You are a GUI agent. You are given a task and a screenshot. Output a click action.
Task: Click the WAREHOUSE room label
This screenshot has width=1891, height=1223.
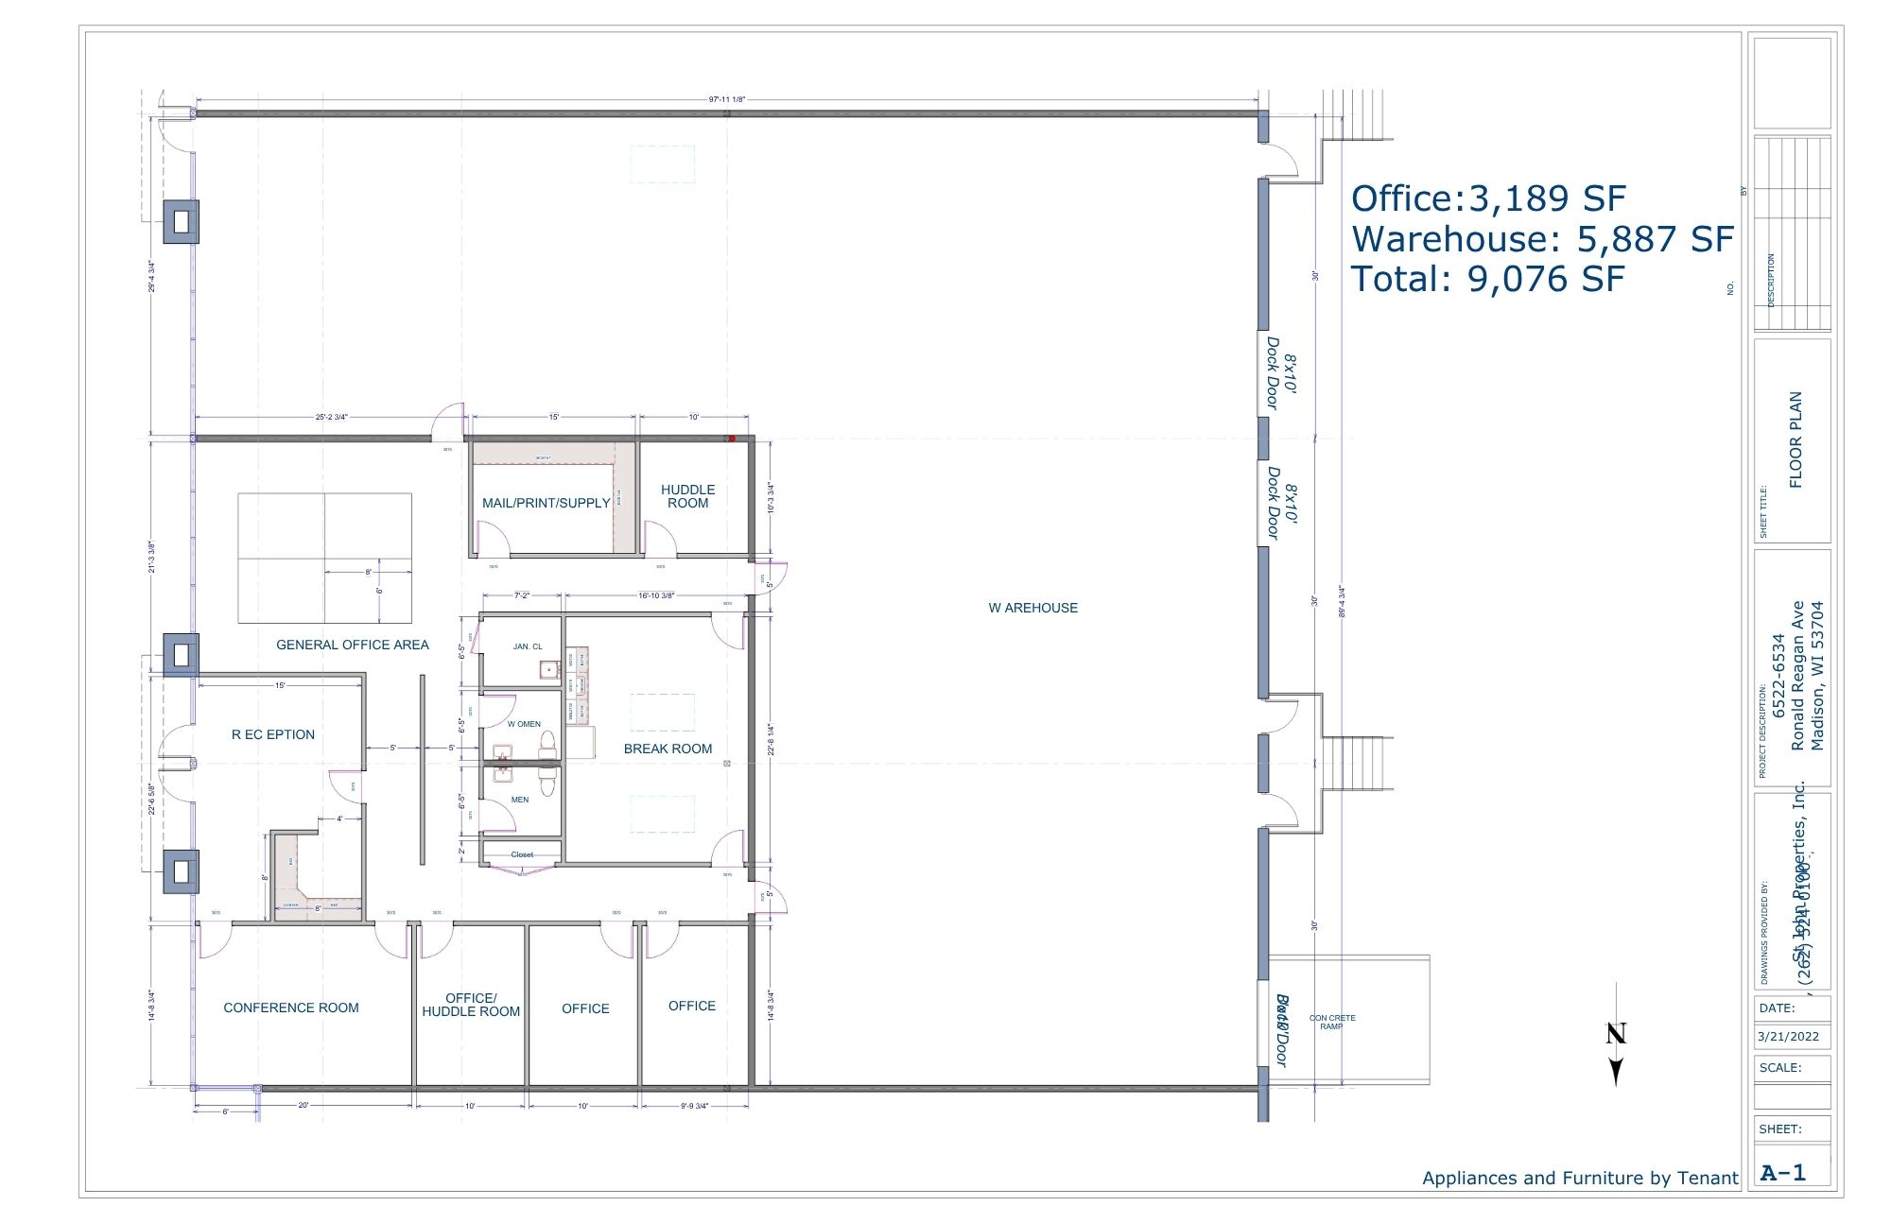point(1032,608)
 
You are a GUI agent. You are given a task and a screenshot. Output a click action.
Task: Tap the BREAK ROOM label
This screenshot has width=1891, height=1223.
point(668,749)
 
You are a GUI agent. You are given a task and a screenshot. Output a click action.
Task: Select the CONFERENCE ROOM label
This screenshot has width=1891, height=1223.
point(291,1008)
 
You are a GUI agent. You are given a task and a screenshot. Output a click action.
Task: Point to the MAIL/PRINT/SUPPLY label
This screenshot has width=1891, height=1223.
point(546,503)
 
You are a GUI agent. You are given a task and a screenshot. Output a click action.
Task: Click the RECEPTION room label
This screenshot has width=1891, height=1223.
point(273,734)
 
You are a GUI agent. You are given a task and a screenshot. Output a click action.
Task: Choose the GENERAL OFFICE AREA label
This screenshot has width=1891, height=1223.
point(352,645)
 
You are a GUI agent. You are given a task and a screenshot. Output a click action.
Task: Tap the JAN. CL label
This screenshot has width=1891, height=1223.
point(528,646)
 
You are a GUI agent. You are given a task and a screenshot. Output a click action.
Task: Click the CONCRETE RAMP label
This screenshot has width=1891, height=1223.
point(1332,1022)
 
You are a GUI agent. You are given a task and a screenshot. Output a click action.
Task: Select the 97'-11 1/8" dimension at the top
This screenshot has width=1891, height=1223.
point(726,99)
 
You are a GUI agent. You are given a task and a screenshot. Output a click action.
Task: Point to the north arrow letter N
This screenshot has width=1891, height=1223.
point(1616,1033)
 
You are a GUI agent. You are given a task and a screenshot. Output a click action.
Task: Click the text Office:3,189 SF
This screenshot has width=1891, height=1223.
point(1488,198)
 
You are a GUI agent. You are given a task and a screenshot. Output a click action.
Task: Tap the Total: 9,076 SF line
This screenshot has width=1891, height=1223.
point(1487,279)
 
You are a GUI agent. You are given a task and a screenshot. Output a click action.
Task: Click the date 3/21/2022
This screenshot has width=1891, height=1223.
point(1788,1036)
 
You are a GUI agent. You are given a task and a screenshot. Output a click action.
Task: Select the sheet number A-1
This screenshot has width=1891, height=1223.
point(1783,1173)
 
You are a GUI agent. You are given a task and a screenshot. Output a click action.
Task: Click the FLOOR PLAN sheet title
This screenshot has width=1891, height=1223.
point(1796,439)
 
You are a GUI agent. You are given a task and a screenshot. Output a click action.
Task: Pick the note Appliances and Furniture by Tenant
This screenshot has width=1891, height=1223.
point(1580,1178)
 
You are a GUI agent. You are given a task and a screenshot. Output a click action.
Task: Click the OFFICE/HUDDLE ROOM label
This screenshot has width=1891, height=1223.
point(471,1005)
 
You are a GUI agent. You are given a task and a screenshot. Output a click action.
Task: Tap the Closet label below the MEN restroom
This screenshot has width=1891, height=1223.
point(522,854)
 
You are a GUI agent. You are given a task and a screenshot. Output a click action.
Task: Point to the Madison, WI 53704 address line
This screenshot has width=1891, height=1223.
point(1817,676)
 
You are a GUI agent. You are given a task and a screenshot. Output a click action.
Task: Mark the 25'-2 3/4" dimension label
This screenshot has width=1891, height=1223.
point(332,417)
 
